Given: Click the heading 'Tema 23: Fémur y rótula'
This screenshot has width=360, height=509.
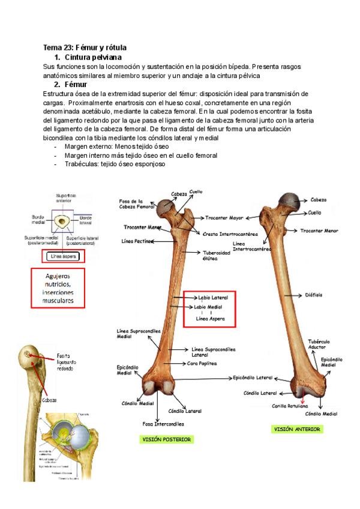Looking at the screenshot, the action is point(85,47).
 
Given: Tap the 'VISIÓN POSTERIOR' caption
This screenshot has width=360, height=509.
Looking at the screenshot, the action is point(166,439).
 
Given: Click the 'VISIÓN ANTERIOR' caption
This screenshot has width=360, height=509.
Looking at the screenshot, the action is point(297,429).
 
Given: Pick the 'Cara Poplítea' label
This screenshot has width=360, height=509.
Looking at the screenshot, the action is point(202,364).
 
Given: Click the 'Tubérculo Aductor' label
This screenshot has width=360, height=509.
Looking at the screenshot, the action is point(319,343).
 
